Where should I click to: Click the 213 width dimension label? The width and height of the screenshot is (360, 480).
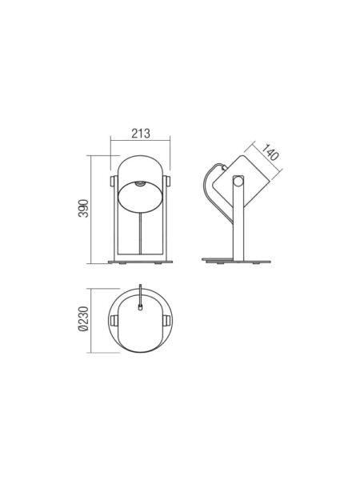141,134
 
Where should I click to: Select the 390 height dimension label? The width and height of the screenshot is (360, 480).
83,209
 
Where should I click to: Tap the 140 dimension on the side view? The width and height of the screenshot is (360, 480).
270,152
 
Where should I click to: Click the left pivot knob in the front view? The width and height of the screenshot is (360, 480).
113,181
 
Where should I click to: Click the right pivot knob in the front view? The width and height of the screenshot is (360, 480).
166,181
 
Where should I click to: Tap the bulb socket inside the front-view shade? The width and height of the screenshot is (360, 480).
140,184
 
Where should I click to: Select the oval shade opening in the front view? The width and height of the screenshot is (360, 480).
140,197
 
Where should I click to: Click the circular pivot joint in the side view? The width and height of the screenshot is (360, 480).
238,181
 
